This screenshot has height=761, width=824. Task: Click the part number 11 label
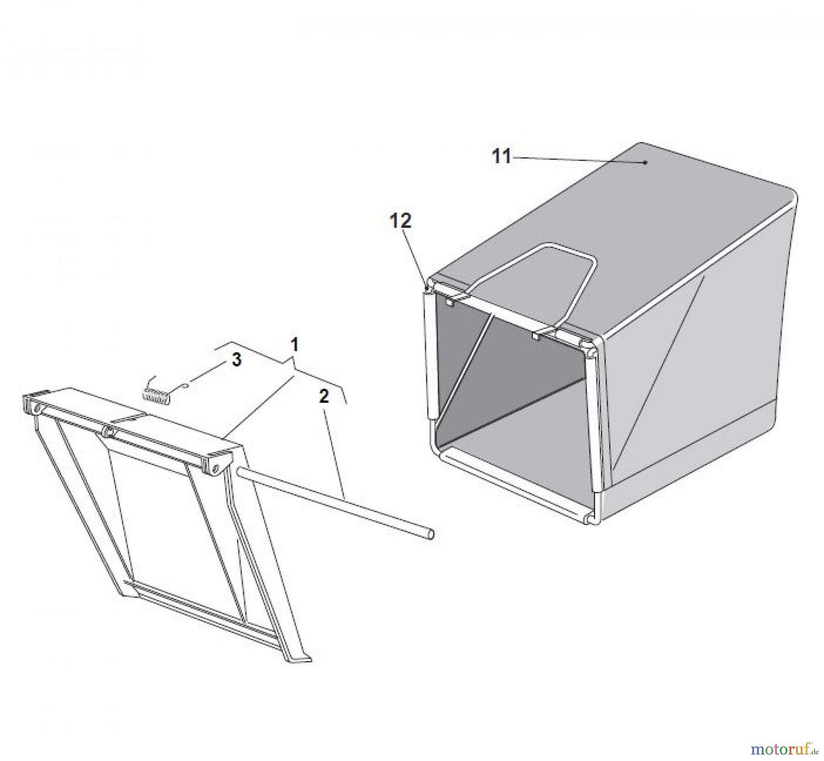coord(501,157)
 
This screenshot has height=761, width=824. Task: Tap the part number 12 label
coord(401,221)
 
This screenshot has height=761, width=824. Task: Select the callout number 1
coord(294,345)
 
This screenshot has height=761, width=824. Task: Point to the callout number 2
coord(324,396)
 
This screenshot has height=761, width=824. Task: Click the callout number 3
coord(236,360)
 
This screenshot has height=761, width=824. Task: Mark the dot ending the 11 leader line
coord(645,162)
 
